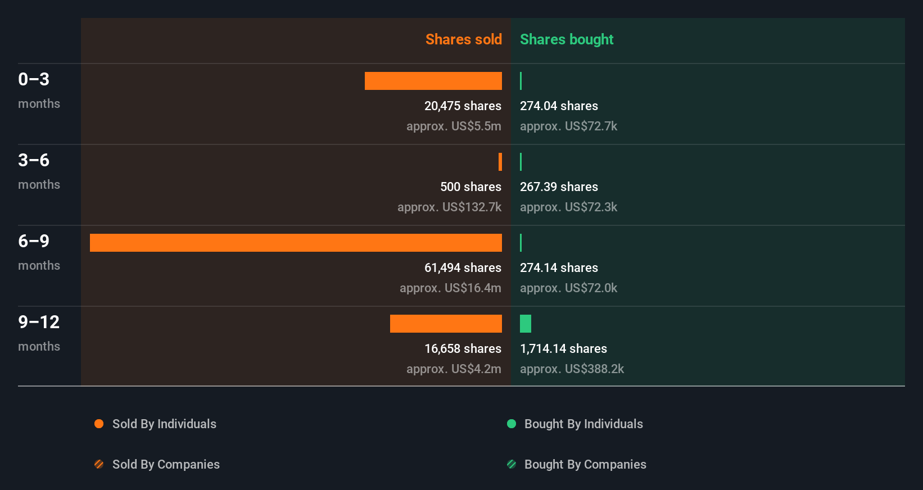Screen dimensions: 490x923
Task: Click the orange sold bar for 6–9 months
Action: (x=296, y=243)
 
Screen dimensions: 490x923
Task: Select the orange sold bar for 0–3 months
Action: (x=433, y=81)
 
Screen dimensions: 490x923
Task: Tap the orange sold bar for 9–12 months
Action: (x=446, y=324)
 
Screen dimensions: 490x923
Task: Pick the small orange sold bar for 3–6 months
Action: (x=500, y=162)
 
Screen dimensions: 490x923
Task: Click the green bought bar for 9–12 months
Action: (x=526, y=324)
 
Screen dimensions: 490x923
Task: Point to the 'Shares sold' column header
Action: (x=463, y=39)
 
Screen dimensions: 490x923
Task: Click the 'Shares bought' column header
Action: (x=567, y=39)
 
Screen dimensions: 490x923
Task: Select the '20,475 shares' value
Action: (x=463, y=106)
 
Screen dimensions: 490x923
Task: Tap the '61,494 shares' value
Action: (x=463, y=267)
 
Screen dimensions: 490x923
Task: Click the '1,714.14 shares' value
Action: (x=563, y=348)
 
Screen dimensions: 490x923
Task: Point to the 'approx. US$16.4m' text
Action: (x=450, y=288)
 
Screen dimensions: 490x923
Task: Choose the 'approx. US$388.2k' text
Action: (x=572, y=369)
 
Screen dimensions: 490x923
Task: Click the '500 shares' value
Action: (x=470, y=187)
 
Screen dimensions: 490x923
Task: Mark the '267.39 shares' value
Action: (x=559, y=187)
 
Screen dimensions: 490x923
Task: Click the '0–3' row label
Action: (x=34, y=79)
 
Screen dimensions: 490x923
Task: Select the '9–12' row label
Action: (x=39, y=322)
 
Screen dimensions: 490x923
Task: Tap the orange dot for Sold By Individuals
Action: (x=99, y=424)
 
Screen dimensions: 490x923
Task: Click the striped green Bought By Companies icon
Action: (x=512, y=464)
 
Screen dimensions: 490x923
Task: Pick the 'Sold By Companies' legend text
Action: (x=166, y=464)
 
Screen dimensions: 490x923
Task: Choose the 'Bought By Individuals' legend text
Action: (x=583, y=424)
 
